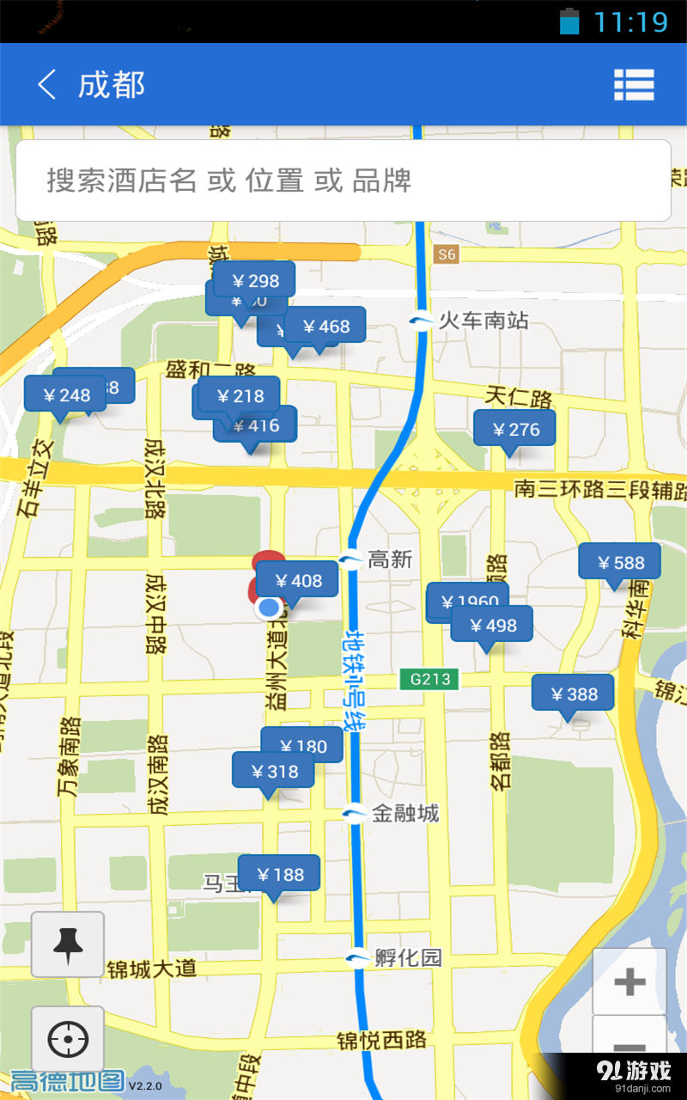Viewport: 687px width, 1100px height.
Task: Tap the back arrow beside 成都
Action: [x=47, y=85]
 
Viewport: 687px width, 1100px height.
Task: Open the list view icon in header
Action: [x=634, y=85]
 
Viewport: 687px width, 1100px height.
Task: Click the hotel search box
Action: [x=343, y=180]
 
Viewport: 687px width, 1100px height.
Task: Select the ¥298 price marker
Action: [x=255, y=280]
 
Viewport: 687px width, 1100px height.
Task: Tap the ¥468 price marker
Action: [x=325, y=327]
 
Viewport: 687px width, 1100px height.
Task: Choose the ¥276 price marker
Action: [x=515, y=430]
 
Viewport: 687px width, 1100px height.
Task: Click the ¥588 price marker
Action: [x=620, y=563]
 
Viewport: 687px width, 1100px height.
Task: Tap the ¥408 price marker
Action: [x=297, y=581]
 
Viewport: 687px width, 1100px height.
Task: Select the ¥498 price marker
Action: [x=492, y=626]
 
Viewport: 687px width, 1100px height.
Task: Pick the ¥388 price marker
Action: [x=573, y=694]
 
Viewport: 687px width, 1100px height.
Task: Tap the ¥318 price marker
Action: [x=273, y=772]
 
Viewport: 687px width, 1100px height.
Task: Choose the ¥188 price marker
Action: [x=279, y=875]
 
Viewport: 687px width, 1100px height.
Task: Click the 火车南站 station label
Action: [x=483, y=321]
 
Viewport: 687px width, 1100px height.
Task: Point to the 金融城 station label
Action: [x=404, y=813]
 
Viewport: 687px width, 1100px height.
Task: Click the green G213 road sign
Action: [x=430, y=679]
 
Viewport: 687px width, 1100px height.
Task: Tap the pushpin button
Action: [x=68, y=944]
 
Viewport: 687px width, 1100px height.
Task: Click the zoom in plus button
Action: [x=629, y=981]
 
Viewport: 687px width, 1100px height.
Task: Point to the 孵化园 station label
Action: [x=407, y=957]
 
